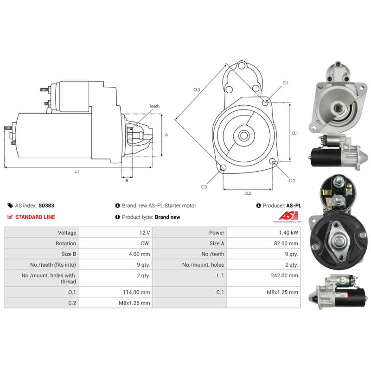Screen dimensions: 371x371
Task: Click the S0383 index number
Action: coord(46,205)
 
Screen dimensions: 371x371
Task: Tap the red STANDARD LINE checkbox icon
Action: coord(10,217)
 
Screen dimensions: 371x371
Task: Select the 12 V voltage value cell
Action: coord(145,233)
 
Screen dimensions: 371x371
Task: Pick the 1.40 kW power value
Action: coord(290,233)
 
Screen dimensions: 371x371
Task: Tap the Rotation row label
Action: coord(67,243)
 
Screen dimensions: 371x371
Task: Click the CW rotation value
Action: coord(147,243)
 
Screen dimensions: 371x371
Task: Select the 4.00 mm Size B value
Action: coord(140,254)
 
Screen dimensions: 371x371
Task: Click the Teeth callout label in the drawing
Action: coord(154,106)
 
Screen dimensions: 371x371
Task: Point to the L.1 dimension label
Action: coord(77,171)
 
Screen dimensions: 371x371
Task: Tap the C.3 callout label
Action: coord(204,187)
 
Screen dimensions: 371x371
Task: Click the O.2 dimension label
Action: coord(248,193)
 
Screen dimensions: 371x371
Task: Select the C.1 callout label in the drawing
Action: coord(286,83)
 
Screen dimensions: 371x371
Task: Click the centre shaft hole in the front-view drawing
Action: coord(244,136)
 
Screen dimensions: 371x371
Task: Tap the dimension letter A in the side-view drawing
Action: coord(166,135)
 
